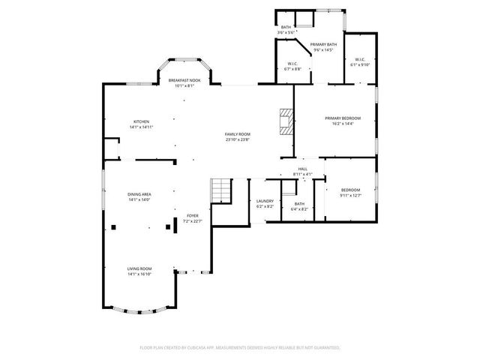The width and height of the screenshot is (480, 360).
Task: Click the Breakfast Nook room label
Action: pos(184,80)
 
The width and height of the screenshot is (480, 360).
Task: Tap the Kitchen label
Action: pos(141,121)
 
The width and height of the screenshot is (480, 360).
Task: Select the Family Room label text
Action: pos(237,133)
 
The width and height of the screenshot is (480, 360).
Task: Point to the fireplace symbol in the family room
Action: pos(286,121)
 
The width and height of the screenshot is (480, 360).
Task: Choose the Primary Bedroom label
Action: pos(342,118)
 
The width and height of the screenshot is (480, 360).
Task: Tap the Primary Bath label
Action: pos(324,44)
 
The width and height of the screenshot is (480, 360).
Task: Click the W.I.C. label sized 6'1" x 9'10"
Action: pos(359,59)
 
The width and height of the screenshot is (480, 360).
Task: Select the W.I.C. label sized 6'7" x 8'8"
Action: pos(293,64)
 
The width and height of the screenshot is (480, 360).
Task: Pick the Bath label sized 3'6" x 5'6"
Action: pos(286,27)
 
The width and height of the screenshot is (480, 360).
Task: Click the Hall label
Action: pos(303,169)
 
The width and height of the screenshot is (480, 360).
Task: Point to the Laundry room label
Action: pos(265,200)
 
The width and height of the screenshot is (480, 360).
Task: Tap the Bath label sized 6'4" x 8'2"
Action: pos(299,204)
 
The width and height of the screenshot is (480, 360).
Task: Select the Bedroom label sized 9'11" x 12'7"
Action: pos(351,190)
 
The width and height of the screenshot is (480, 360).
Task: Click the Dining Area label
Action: pos(140,194)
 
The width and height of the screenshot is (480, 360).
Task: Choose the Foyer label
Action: pos(193,215)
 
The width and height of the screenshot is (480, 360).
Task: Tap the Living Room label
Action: pos(139,268)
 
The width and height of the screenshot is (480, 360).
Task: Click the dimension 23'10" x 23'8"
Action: pos(237,139)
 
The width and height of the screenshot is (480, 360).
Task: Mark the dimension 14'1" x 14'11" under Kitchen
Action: pos(141,127)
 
